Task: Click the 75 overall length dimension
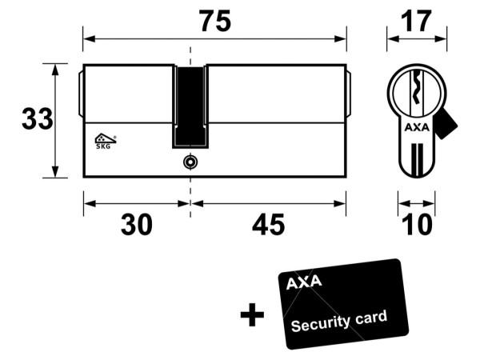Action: tap(215, 22)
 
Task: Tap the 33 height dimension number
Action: tap(38, 118)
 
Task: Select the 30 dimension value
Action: tap(136, 225)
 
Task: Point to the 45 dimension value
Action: tap(268, 225)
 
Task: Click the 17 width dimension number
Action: tap(416, 22)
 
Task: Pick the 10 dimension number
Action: tap(417, 225)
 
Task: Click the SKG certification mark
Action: tap(105, 141)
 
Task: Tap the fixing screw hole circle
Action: tap(190, 162)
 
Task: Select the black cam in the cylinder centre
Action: tap(190, 106)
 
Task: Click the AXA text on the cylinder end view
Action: tap(417, 127)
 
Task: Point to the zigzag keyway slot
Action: tap(416, 88)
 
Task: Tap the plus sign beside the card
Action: tap(252, 314)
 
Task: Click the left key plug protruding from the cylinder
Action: tap(80, 94)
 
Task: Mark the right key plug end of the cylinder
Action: tap(349, 94)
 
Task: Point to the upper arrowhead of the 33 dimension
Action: tap(55, 70)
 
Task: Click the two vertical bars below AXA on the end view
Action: tap(417, 160)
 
